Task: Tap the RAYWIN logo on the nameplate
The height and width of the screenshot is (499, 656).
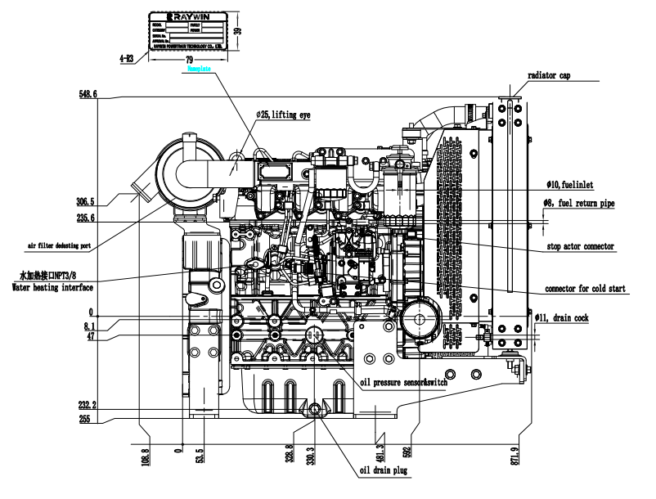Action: click(186, 16)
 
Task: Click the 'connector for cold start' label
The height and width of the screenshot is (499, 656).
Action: click(591, 289)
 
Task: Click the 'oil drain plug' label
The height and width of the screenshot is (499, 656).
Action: click(384, 471)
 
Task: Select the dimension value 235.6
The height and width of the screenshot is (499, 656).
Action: click(84, 218)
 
